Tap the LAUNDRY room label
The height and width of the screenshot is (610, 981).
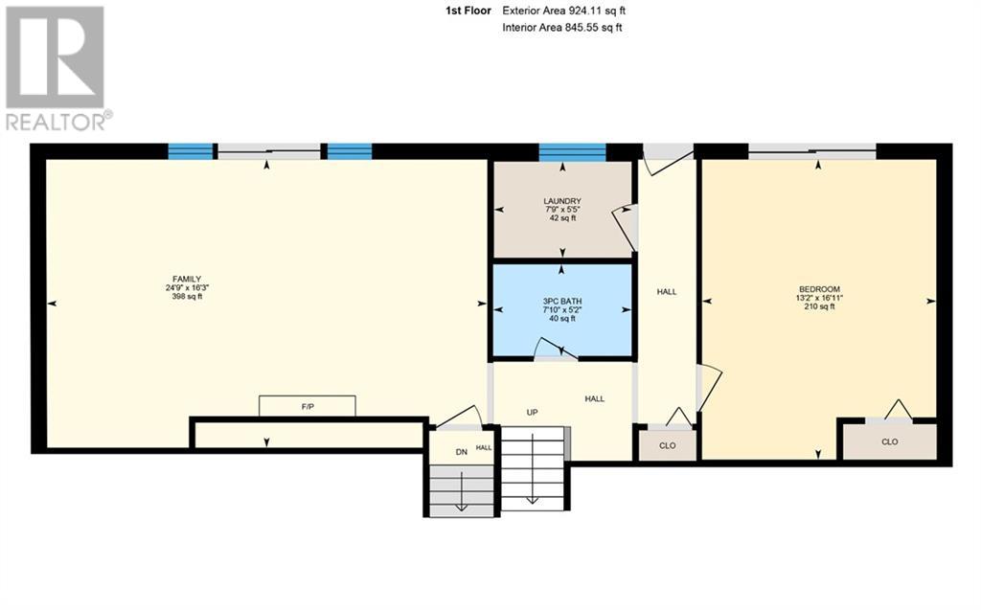pos(561,201)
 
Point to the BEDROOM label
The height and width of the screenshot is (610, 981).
pos(819,289)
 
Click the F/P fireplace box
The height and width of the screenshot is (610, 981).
pos(307,407)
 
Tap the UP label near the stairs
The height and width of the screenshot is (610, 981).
pos(532,413)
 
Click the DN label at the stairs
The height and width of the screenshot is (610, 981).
pos(461,451)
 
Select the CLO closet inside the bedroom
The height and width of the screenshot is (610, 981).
pos(889,441)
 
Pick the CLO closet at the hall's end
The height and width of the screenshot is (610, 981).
pos(668,445)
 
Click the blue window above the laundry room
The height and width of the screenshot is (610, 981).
pos(572,152)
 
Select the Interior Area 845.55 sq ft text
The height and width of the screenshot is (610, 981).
pos(562,28)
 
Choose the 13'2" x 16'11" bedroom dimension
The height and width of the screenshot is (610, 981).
pos(819,298)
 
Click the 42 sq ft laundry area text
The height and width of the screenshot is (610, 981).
pos(561,218)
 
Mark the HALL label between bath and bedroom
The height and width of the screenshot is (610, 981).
pos(667,291)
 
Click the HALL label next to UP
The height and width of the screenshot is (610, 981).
pos(595,398)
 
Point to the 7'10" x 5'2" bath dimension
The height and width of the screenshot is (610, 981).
pos(561,310)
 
